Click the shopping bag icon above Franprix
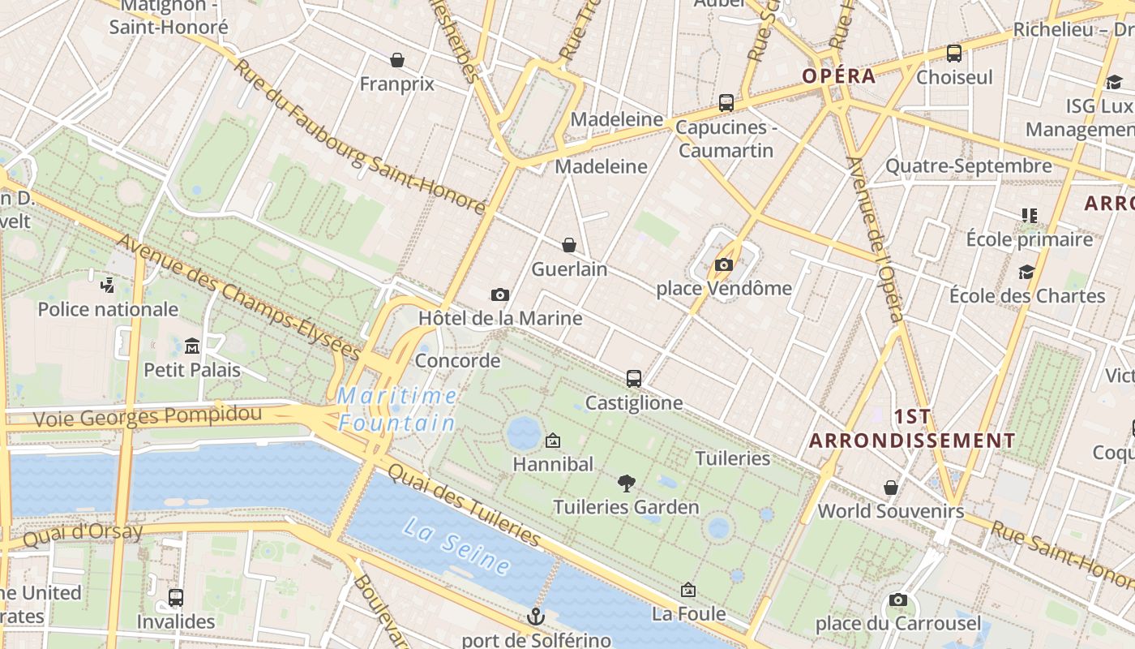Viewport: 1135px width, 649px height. tap(397, 60)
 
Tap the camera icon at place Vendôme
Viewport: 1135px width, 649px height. tap(724, 264)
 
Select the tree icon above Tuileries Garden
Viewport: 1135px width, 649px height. tap(626, 484)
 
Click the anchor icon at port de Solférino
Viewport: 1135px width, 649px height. tap(535, 617)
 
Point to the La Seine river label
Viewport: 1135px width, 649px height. tap(456, 547)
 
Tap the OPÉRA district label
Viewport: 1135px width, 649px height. tap(839, 76)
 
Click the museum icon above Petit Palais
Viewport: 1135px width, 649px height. tap(192, 346)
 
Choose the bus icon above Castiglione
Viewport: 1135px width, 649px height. tap(634, 379)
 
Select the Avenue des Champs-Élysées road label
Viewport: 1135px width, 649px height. tap(238, 297)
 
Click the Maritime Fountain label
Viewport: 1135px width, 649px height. tap(397, 409)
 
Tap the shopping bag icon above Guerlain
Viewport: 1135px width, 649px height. tap(569, 245)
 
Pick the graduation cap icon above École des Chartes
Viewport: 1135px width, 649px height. tap(1027, 272)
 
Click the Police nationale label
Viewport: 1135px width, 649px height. tap(108, 309)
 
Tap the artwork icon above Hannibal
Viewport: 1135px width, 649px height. tap(553, 441)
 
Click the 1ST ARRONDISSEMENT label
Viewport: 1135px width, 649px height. tap(912, 428)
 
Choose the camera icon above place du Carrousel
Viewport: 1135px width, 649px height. tap(897, 600)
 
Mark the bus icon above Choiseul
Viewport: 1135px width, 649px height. tap(954, 54)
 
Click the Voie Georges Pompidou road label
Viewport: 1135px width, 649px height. tap(147, 417)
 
